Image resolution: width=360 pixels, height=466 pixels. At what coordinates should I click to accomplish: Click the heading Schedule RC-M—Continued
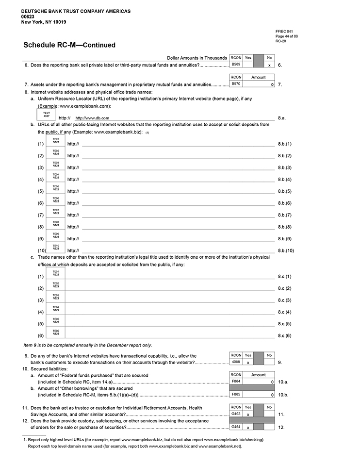69,45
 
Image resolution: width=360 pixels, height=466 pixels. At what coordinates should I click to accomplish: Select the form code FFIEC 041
284,31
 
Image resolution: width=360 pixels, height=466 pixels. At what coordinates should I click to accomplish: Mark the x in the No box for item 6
269,65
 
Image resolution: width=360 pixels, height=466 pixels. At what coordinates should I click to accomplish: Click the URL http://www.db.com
92,118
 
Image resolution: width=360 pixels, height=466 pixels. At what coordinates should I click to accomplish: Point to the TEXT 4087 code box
47,115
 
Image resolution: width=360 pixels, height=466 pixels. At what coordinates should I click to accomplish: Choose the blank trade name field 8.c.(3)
170,300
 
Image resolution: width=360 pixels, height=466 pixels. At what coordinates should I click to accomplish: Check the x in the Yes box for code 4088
248,362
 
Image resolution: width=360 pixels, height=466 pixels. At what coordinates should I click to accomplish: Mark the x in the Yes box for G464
248,428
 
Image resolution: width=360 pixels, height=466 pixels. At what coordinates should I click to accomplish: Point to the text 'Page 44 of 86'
286,36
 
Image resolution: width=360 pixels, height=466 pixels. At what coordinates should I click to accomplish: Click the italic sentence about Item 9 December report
88,345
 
